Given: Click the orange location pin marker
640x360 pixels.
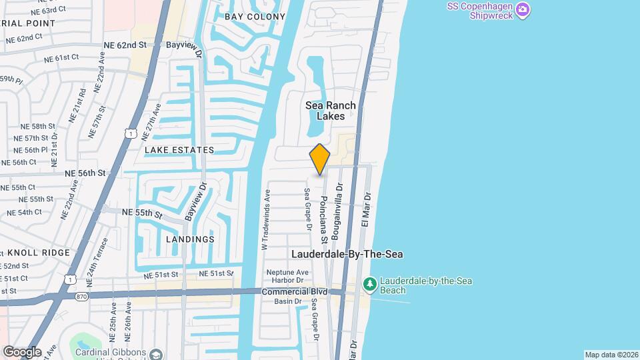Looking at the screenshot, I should (320, 159).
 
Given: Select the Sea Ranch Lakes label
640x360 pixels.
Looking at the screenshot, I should (331, 111).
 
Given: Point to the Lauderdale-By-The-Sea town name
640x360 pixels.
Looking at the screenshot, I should (347, 254).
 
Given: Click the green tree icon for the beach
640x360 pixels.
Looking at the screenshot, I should (370, 285).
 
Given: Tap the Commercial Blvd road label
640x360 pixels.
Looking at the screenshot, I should (294, 292).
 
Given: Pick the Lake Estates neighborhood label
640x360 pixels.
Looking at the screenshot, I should (179, 150).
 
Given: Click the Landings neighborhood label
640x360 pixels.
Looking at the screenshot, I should (190, 239).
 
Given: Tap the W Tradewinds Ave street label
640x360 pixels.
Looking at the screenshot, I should (265, 219).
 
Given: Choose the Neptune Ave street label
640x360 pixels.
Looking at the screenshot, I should (287, 273).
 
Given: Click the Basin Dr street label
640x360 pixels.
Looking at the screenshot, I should (289, 301).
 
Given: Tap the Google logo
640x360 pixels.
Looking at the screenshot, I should (22, 351).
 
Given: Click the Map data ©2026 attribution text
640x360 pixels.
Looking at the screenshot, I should (611, 355).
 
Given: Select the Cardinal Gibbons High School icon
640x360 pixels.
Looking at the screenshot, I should (155, 353).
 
